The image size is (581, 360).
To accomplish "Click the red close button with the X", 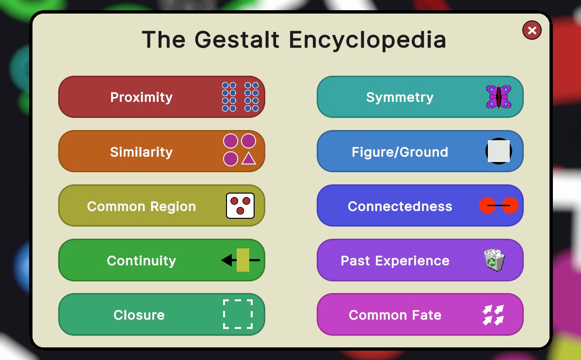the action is tap(532, 30).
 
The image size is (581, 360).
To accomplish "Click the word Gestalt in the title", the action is tap(237, 39).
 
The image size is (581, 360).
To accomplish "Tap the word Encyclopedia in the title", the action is tap(367, 40).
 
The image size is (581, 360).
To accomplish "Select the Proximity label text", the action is tap(142, 97).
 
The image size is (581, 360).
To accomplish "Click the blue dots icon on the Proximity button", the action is tap(240, 97).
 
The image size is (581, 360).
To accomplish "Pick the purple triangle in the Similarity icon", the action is tap(249, 158).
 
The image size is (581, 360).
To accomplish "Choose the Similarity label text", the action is tap(142, 152).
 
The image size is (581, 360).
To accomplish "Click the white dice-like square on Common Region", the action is tap(240, 205).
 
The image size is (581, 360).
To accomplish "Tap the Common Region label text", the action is tap(142, 206).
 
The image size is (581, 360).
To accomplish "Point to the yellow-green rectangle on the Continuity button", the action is tap(242, 260).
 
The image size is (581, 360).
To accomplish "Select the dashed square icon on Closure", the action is tap(238, 314).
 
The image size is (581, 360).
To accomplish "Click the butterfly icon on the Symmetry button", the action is tap(499, 97).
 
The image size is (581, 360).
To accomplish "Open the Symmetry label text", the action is tap(400, 97).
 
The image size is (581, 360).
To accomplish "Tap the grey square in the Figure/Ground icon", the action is tap(499, 151).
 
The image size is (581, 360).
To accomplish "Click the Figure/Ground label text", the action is tap(400, 152).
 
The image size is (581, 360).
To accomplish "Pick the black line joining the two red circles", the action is tap(499, 205).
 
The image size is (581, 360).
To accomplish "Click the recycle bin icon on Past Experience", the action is tap(494, 260).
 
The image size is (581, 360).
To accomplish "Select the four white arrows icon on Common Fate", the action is tap(494, 315).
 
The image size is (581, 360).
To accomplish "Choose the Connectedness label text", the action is tap(400, 206).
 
